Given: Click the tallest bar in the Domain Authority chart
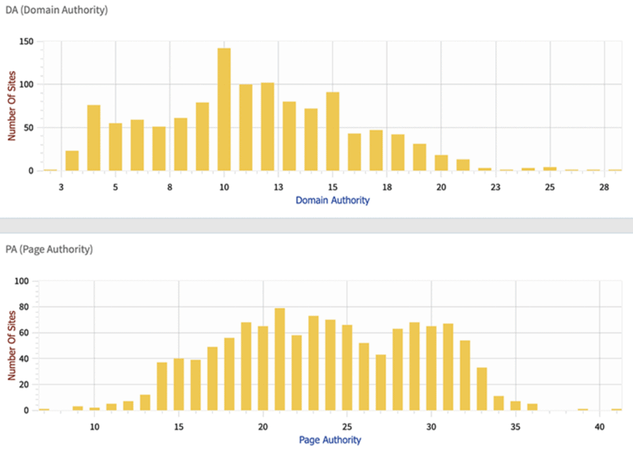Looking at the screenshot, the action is [x=224, y=109].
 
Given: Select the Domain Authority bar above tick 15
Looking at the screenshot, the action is [x=333, y=132].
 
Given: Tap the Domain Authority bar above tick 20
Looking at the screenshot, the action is [x=441, y=163].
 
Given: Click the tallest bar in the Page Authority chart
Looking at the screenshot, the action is [x=280, y=359].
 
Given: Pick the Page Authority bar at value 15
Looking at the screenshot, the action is [x=179, y=385].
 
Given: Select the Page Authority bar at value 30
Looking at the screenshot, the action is [x=431, y=368].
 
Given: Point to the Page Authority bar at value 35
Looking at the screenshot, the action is [x=516, y=406].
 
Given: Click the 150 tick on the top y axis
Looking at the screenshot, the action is [x=26, y=42].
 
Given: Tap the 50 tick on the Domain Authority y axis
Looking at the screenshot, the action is [x=28, y=128].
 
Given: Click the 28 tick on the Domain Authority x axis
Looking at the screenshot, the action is [x=604, y=187].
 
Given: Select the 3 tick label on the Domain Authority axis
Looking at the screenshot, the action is [x=61, y=187].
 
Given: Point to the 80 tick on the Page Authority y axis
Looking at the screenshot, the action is [x=24, y=307].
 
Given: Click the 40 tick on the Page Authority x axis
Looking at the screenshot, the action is [x=599, y=427].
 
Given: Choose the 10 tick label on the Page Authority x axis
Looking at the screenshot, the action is [x=95, y=427].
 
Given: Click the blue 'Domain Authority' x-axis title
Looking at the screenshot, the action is [x=333, y=200].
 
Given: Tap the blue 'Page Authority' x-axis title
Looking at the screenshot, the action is [x=330, y=440].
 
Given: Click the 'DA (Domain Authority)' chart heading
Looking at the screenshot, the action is [x=56, y=10].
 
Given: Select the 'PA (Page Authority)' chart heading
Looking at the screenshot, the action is [x=49, y=249].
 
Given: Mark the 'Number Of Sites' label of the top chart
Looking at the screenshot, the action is [x=12, y=106].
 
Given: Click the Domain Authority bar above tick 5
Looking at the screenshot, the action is [x=116, y=147].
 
